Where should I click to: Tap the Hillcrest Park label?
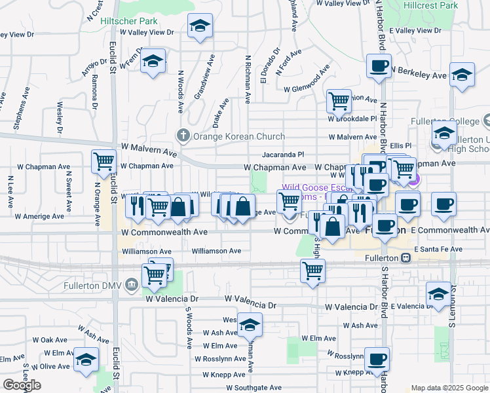tap(430, 5)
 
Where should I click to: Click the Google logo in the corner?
tap(22, 385)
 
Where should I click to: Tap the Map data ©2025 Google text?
tap(449, 388)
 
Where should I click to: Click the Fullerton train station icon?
tap(406, 258)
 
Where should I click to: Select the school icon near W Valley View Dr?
tap(200, 27)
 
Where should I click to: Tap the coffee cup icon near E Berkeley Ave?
tap(379, 66)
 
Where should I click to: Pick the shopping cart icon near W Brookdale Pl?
tap(339, 102)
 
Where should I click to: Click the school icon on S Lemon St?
tap(438, 294)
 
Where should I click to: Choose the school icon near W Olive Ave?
tap(86, 360)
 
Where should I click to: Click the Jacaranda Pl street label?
tap(283, 154)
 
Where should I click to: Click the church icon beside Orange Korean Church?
tap(183, 136)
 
